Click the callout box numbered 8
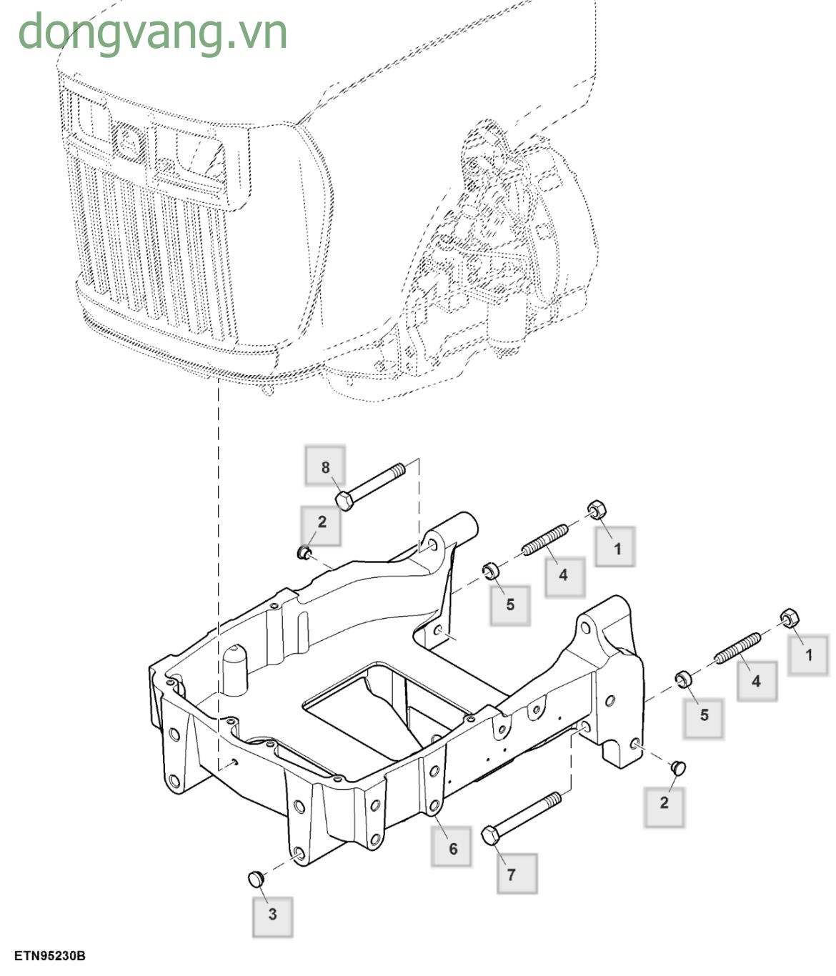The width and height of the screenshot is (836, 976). coord(325,467)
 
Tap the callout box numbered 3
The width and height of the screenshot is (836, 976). coord(272,915)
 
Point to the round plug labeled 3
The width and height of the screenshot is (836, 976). coord(255,878)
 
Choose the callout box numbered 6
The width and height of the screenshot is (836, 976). coord(452,847)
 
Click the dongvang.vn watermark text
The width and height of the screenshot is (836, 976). coord(153,31)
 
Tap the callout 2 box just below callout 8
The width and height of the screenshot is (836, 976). coord(321,522)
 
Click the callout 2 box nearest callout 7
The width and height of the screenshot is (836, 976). coord(664,802)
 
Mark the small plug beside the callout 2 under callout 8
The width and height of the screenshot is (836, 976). coord(304,552)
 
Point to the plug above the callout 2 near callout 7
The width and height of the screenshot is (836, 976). coord(678,767)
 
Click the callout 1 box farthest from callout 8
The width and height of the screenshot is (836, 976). coord(808,654)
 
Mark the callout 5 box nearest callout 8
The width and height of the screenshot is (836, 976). coord(510,604)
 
